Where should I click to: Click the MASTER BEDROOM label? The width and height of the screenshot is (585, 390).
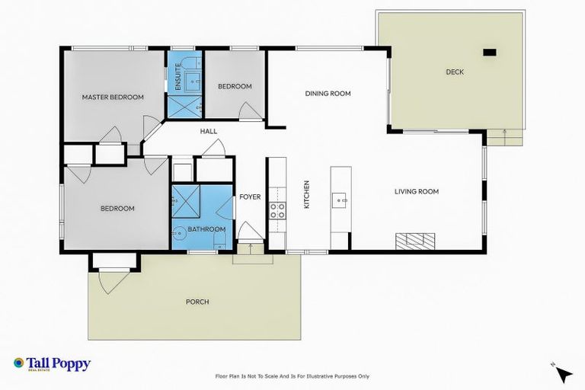click(113, 97)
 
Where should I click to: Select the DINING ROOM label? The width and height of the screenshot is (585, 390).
click(328, 94)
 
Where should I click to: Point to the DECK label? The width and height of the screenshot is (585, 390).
click(455, 72)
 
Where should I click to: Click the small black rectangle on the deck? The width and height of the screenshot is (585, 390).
click(490, 53)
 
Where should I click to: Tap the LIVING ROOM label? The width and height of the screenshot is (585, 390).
click(416, 191)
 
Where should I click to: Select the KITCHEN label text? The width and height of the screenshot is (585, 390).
click(307, 195)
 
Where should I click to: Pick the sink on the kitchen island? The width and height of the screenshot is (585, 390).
click(340, 201)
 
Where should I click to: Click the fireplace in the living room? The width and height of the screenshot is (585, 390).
click(415, 241)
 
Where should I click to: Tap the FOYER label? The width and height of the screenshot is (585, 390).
click(250, 197)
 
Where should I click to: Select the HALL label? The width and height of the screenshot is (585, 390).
click(209, 131)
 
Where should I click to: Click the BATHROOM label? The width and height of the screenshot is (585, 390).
click(207, 229)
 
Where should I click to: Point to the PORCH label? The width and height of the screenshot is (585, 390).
click(197, 302)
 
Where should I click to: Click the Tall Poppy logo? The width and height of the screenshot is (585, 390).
click(52, 364)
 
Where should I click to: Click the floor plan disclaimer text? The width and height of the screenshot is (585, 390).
click(292, 376)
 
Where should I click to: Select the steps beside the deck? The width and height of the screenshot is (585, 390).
click(505, 136)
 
